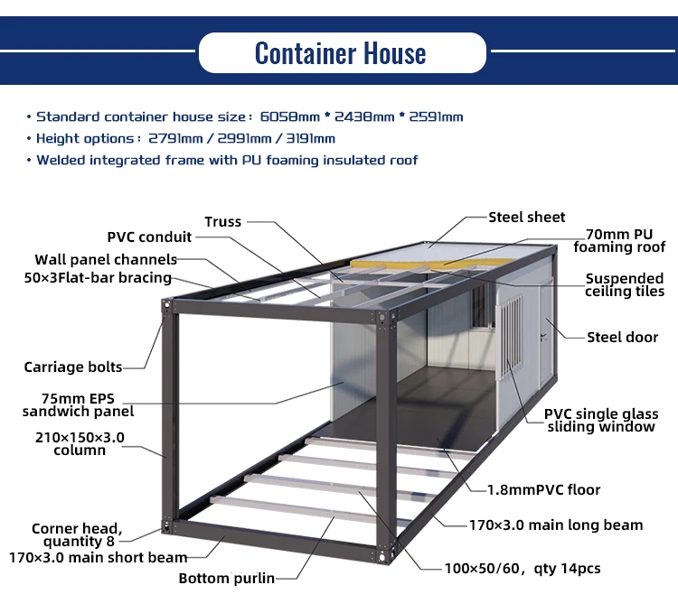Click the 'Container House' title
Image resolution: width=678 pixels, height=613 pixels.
(x=340, y=53)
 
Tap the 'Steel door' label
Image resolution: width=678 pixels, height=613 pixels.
(x=623, y=338)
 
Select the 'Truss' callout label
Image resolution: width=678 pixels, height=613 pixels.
(x=223, y=222)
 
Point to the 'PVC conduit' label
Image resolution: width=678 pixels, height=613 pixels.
(x=149, y=237)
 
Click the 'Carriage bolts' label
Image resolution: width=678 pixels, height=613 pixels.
(x=73, y=367)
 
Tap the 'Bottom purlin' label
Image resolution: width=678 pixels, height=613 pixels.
(x=226, y=579)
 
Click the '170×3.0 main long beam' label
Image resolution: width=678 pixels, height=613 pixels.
(x=556, y=525)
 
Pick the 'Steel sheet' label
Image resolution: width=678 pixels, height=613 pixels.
(x=527, y=218)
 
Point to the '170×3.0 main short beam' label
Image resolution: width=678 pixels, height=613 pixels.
(x=98, y=558)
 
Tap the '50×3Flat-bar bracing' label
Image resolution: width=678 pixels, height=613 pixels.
(x=98, y=278)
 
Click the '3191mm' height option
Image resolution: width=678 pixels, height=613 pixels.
(x=309, y=139)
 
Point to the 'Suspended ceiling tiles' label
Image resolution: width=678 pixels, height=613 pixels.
(x=625, y=285)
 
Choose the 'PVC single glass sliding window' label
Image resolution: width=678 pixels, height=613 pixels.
(x=601, y=421)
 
